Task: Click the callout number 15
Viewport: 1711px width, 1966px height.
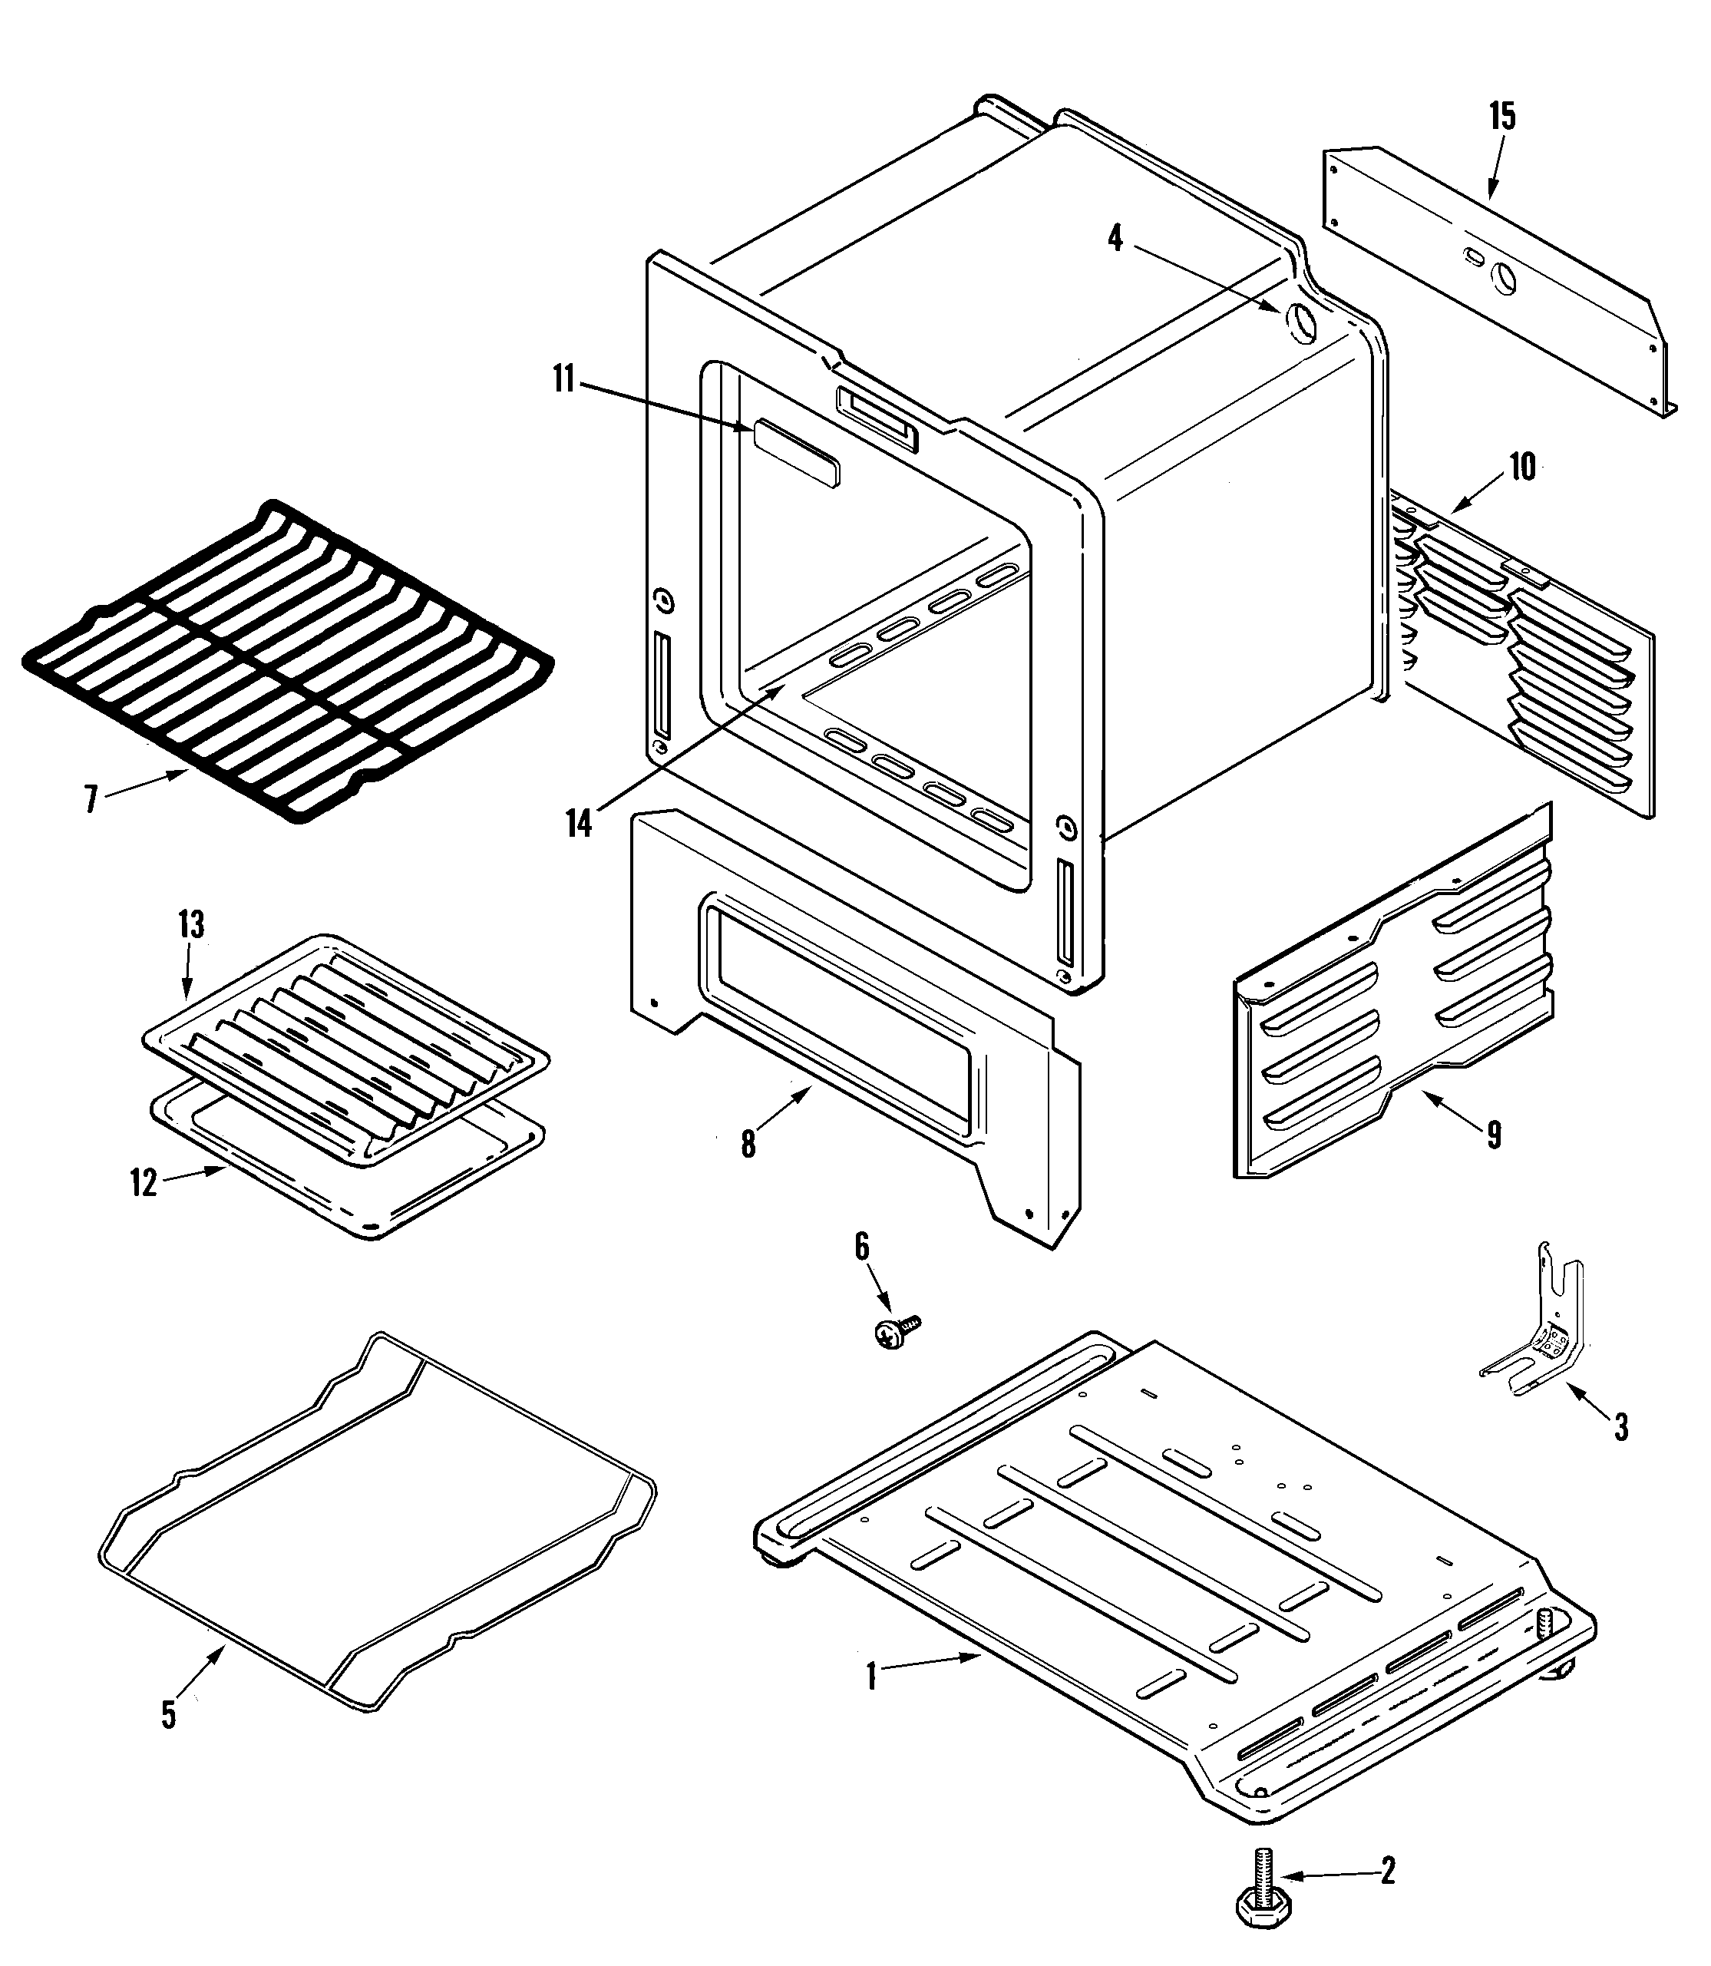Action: pyautogui.click(x=1502, y=117)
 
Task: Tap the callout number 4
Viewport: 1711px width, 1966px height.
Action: pyautogui.click(x=1115, y=238)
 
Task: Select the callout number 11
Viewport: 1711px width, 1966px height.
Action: pyautogui.click(x=563, y=379)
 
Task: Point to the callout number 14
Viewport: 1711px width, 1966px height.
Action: pyautogui.click(x=580, y=822)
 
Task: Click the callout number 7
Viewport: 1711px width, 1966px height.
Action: pyautogui.click(x=91, y=798)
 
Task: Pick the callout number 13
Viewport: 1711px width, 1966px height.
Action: pyautogui.click(x=191, y=924)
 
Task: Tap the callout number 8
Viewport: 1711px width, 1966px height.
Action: pyautogui.click(x=748, y=1144)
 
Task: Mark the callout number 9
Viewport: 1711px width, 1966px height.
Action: pyautogui.click(x=1493, y=1135)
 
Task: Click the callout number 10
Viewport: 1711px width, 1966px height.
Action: pyautogui.click(x=1522, y=467)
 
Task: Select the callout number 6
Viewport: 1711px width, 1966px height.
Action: pyautogui.click(x=861, y=1246)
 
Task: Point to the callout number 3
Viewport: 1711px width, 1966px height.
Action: pyautogui.click(x=1620, y=1454)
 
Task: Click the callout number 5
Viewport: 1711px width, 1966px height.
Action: pyautogui.click(x=168, y=1715)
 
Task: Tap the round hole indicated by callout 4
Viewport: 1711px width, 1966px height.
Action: pyautogui.click(x=1299, y=324)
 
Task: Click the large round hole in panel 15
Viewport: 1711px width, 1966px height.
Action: pyautogui.click(x=1503, y=277)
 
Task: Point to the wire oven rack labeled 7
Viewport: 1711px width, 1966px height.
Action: pyautogui.click(x=286, y=659)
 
